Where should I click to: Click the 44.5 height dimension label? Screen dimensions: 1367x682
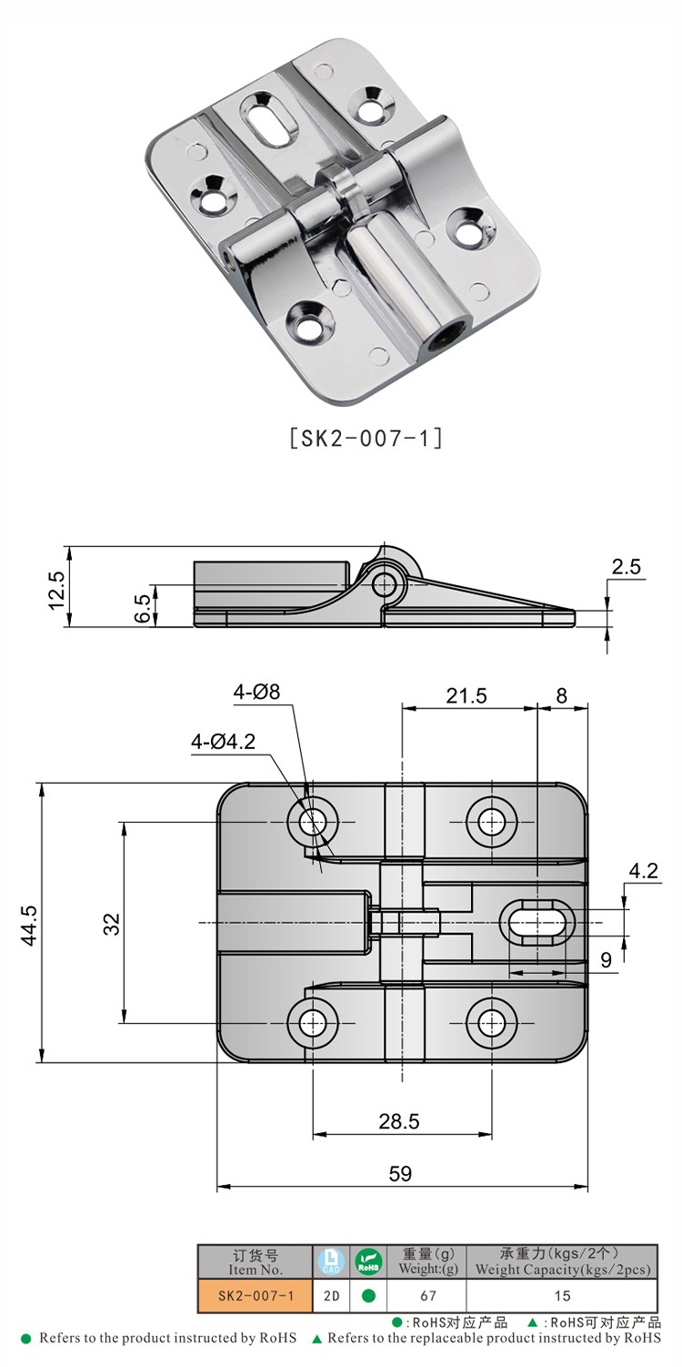point(28,925)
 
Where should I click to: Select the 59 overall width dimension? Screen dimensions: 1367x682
point(400,1173)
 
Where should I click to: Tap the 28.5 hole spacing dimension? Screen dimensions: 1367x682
point(399,1121)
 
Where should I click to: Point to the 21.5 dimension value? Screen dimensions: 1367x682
point(466,696)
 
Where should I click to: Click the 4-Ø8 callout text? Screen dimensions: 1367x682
point(257,692)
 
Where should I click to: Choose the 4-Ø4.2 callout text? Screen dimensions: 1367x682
point(223,742)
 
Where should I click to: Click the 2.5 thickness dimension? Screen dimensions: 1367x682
point(626,567)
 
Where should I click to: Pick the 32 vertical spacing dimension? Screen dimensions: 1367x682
point(111,924)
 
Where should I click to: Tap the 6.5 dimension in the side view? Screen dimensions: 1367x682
point(141,607)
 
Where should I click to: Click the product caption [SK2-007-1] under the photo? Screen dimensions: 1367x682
point(366,438)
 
